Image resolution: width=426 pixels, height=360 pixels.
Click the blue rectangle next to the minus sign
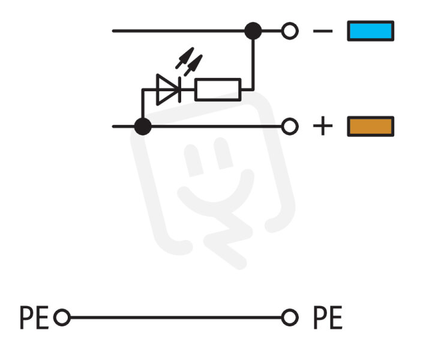(x=371, y=31)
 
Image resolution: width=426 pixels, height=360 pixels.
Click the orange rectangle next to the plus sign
(x=371, y=127)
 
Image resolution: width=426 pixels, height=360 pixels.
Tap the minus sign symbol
(x=323, y=31)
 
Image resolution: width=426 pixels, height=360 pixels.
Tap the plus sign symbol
(x=323, y=126)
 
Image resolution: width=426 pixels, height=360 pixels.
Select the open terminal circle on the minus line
(x=290, y=31)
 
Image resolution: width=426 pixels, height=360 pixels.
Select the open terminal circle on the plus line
(x=290, y=127)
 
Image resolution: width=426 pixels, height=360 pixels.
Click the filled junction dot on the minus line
(x=253, y=31)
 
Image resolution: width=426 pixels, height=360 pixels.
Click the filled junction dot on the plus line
(x=143, y=127)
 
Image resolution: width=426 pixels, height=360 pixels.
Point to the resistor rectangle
(x=218, y=89)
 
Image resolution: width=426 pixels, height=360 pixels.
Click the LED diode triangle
(x=166, y=89)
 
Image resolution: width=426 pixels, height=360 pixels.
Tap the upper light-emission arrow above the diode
(x=185, y=58)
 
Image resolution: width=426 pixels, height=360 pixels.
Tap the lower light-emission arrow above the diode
(x=193, y=65)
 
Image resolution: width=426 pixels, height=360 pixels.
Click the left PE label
(x=34, y=317)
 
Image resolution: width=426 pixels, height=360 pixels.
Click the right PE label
(x=328, y=317)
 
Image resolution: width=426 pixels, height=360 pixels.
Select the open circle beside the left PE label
(x=62, y=317)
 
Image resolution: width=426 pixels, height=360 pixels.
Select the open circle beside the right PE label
(x=290, y=317)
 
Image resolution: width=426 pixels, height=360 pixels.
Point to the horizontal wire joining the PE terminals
(x=176, y=317)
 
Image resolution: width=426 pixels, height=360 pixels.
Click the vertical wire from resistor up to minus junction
(x=253, y=64)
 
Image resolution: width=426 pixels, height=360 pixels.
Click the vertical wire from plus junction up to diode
(x=143, y=104)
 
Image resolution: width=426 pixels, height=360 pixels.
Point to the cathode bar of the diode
(x=179, y=89)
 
